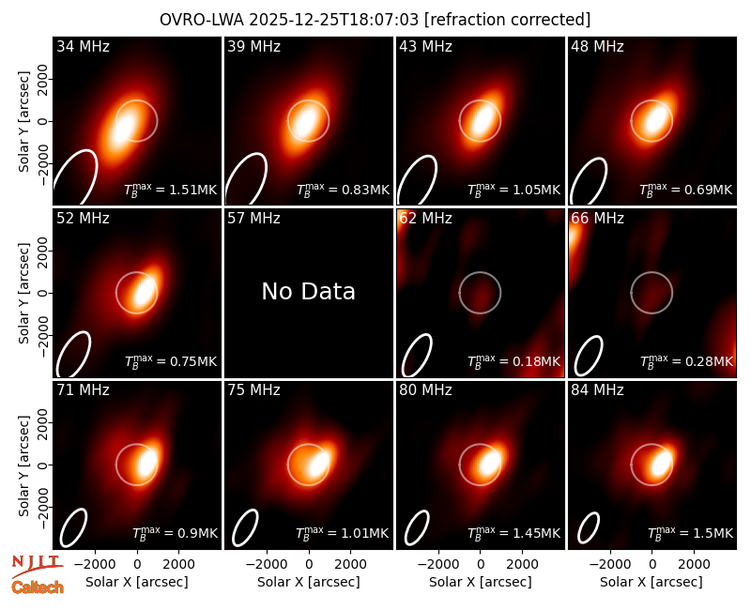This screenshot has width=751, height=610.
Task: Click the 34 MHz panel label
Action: pyautogui.click(x=83, y=46)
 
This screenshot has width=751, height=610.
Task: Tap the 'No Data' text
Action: pyautogui.click(x=309, y=291)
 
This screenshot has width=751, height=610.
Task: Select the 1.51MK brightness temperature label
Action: pyautogui.click(x=171, y=190)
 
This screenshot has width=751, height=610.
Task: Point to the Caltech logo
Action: pyautogui.click(x=38, y=587)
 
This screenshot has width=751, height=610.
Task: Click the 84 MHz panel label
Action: pyautogui.click(x=597, y=390)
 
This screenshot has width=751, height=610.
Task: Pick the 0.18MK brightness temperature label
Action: pyautogui.click(x=513, y=361)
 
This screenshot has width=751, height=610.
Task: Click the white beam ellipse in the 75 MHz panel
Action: pyautogui.click(x=245, y=527)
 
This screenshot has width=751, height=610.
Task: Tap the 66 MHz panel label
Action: pyautogui.click(x=597, y=219)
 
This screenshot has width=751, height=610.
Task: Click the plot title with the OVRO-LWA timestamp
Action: pyautogui.click(x=375, y=20)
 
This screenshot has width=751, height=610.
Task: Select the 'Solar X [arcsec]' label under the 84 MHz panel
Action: pyautogui.click(x=651, y=582)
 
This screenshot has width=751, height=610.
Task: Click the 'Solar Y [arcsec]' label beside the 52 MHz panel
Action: pyautogui.click(x=23, y=293)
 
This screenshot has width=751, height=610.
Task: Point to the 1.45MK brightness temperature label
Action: pyautogui.click(x=513, y=533)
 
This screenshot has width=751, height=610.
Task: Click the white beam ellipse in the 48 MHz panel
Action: pyautogui.click(x=589, y=181)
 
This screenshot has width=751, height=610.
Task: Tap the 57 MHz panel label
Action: pyautogui.click(x=253, y=219)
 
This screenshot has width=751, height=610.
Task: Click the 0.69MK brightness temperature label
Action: pyautogui.click(x=686, y=190)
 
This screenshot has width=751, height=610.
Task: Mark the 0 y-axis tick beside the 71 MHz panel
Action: pyautogui.click(x=43, y=465)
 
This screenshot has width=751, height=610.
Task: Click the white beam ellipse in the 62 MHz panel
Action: pyautogui.click(x=417, y=355)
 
